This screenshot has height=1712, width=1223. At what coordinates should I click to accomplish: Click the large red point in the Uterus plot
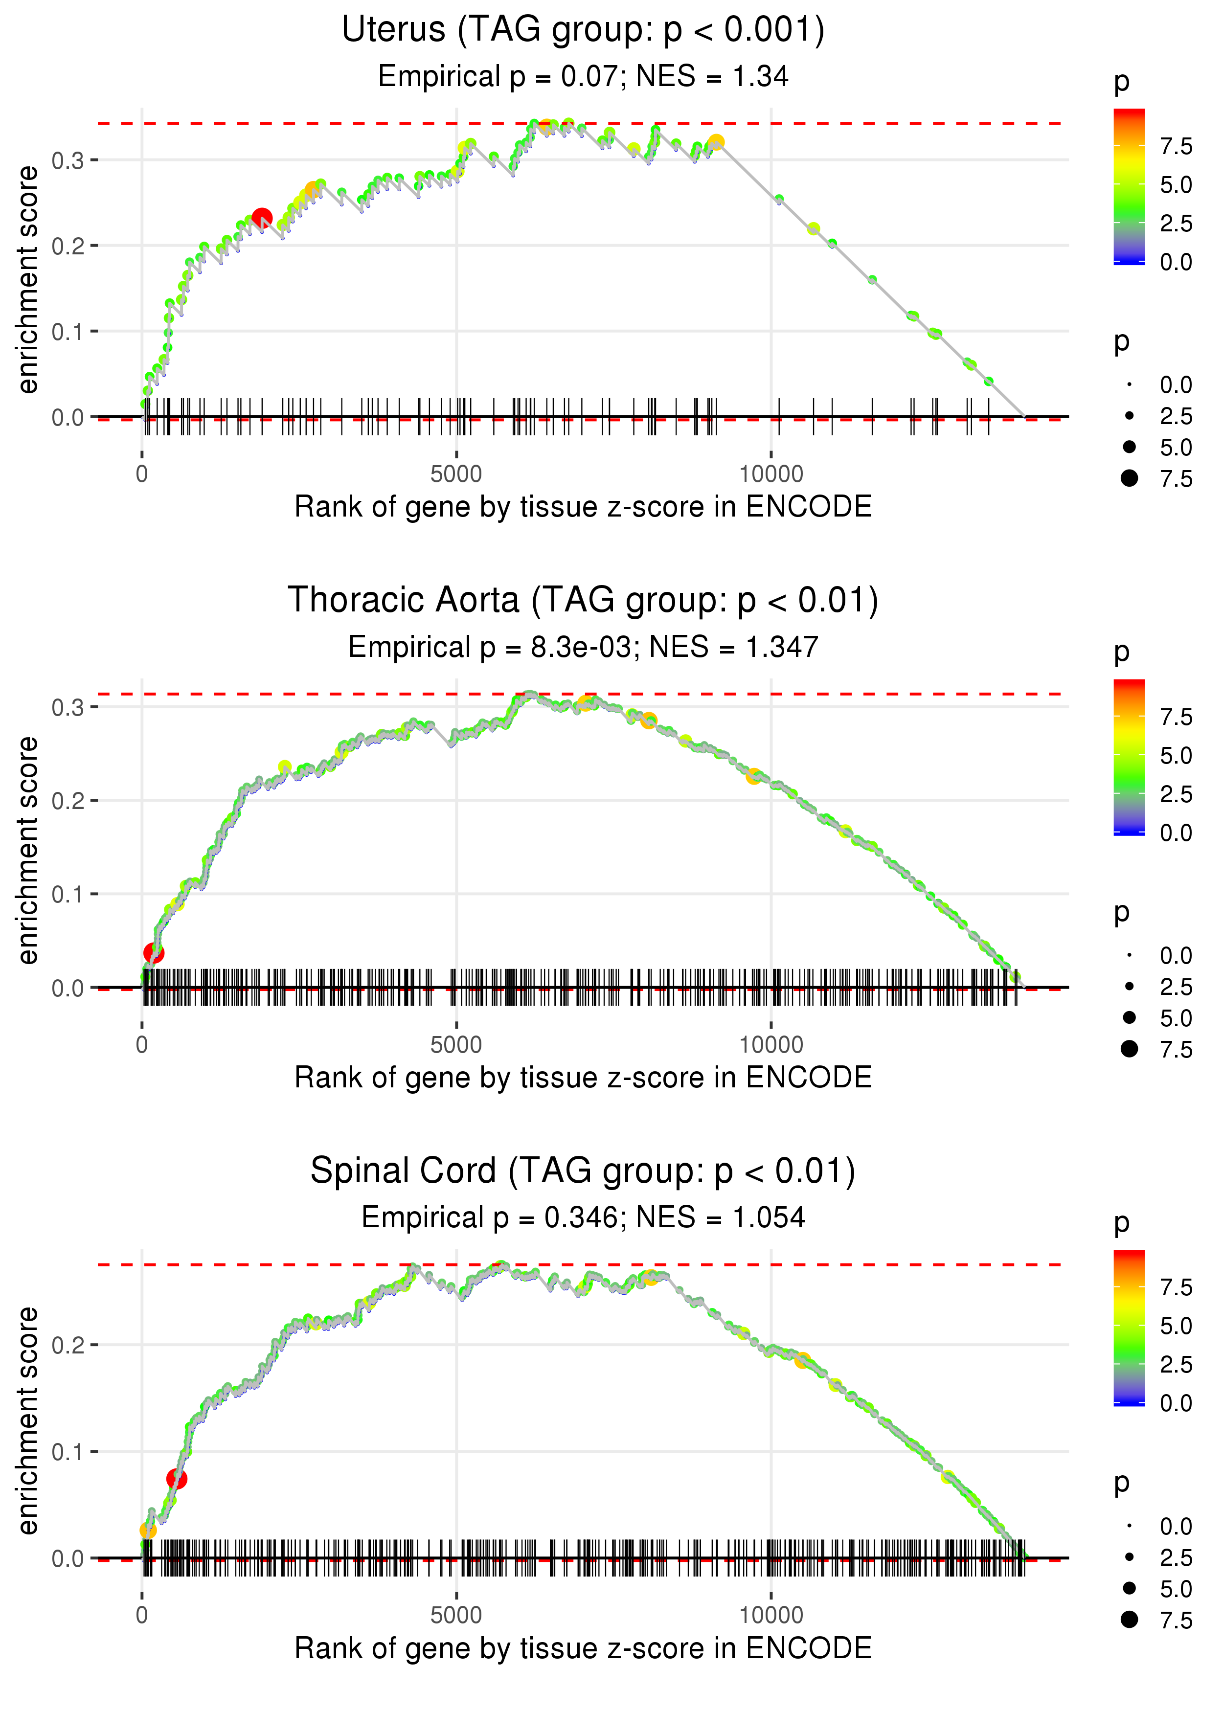[x=261, y=218]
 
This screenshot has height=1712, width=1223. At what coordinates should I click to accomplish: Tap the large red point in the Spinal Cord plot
[x=176, y=1479]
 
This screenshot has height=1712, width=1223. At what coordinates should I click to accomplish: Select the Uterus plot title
[x=583, y=30]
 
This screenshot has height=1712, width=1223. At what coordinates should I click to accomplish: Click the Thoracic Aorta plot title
[x=583, y=601]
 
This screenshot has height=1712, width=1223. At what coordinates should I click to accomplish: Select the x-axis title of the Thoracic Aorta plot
[x=583, y=1078]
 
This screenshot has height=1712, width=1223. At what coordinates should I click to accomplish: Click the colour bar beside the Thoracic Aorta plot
[x=1129, y=757]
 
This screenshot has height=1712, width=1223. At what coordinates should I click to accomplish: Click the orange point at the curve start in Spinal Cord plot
[x=148, y=1530]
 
